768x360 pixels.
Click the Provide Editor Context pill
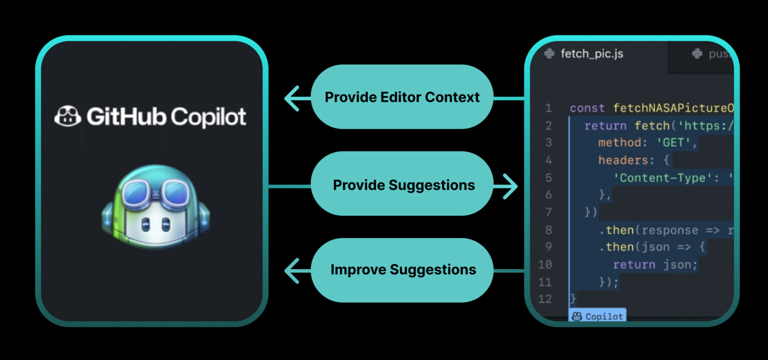402,97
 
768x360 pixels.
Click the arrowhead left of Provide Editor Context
292,97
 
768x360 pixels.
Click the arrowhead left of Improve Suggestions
292,270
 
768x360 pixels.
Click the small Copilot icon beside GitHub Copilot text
67,117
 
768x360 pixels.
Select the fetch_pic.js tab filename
592,53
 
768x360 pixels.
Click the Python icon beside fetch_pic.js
549,53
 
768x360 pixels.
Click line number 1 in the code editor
548,108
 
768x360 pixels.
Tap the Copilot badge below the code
597,316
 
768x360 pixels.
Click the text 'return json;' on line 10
655,264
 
